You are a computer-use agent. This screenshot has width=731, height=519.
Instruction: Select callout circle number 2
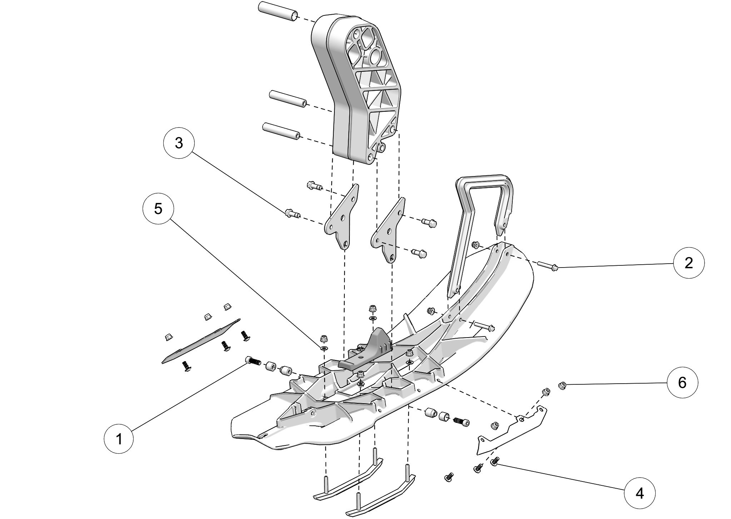[x=688, y=263]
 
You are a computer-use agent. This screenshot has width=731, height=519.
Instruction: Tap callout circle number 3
[x=179, y=143]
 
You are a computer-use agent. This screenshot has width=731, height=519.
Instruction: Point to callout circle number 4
[x=639, y=494]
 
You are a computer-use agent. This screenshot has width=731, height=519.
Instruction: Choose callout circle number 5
[x=158, y=209]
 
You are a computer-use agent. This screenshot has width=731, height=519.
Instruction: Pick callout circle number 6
[x=682, y=383]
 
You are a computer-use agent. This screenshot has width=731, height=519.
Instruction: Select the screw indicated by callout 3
[x=292, y=215]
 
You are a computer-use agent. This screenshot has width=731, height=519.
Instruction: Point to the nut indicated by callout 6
[x=562, y=385]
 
